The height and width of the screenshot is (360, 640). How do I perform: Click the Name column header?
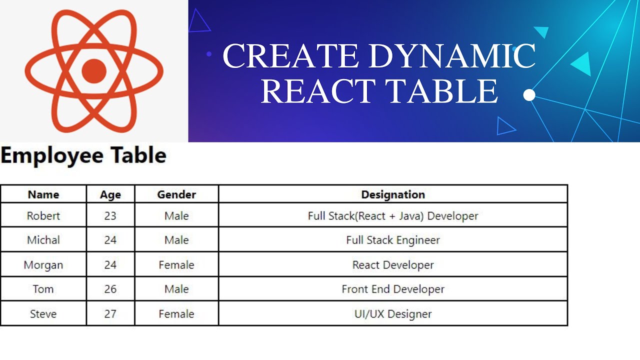pos(43,194)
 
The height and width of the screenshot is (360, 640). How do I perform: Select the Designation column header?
pos(393,194)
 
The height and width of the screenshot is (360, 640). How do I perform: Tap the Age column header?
pos(110,194)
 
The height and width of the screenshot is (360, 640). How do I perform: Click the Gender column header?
pos(176,194)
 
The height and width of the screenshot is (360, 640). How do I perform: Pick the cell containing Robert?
pos(43,216)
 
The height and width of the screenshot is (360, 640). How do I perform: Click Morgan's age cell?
pos(110,264)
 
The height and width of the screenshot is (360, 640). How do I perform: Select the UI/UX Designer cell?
pos(393,314)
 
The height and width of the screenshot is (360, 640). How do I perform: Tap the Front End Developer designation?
pos(393,289)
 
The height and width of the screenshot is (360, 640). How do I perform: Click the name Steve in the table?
pos(43,314)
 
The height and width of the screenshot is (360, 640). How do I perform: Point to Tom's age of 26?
pos(110,289)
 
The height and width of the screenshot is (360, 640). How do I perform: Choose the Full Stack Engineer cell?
pos(393,240)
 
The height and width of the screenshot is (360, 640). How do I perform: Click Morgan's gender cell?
pos(176,264)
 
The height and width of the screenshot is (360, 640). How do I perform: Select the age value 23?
pos(110,216)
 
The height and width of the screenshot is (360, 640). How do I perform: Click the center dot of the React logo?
pos(94,70)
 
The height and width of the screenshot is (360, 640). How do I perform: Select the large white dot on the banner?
pos(529,95)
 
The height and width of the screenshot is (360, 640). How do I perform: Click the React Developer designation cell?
pos(393,264)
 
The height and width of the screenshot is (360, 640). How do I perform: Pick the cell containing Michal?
pos(43,240)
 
